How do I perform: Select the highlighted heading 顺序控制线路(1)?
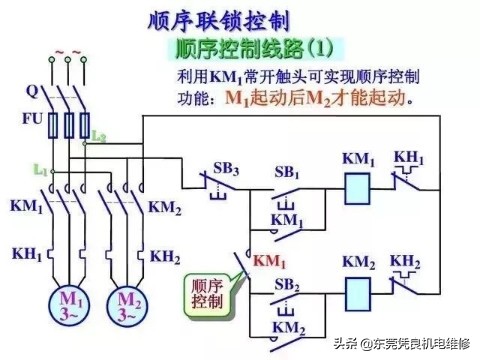pyautogui.click(x=254, y=47)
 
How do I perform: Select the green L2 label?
pyautogui.click(x=100, y=135)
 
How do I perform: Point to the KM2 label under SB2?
pyautogui.click(x=288, y=327)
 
